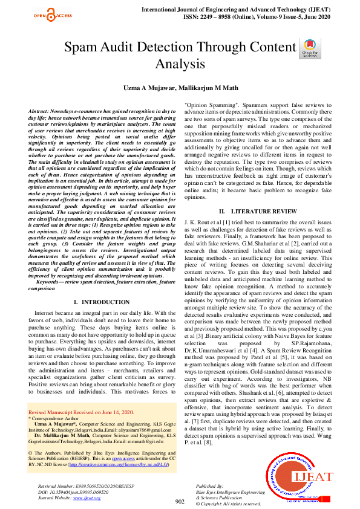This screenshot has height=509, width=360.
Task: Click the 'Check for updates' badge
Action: coord(308,48)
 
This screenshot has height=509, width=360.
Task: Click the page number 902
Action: coord(180,501)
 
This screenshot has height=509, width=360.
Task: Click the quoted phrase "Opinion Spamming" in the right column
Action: coord(211,105)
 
